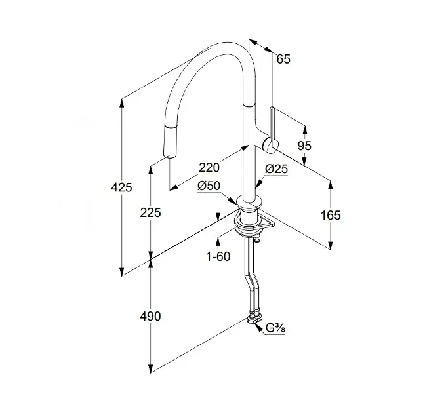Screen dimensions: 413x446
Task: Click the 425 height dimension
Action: pos(121,187)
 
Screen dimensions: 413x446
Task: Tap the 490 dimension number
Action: pos(151,317)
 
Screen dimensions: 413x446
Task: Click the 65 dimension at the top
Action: pos(283,59)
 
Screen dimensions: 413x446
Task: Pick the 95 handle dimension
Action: pos(304,146)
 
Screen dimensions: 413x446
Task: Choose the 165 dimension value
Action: pos(331,214)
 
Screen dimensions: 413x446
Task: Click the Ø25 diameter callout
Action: pos(276,169)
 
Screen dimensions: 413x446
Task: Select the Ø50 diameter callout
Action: pos(209,186)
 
